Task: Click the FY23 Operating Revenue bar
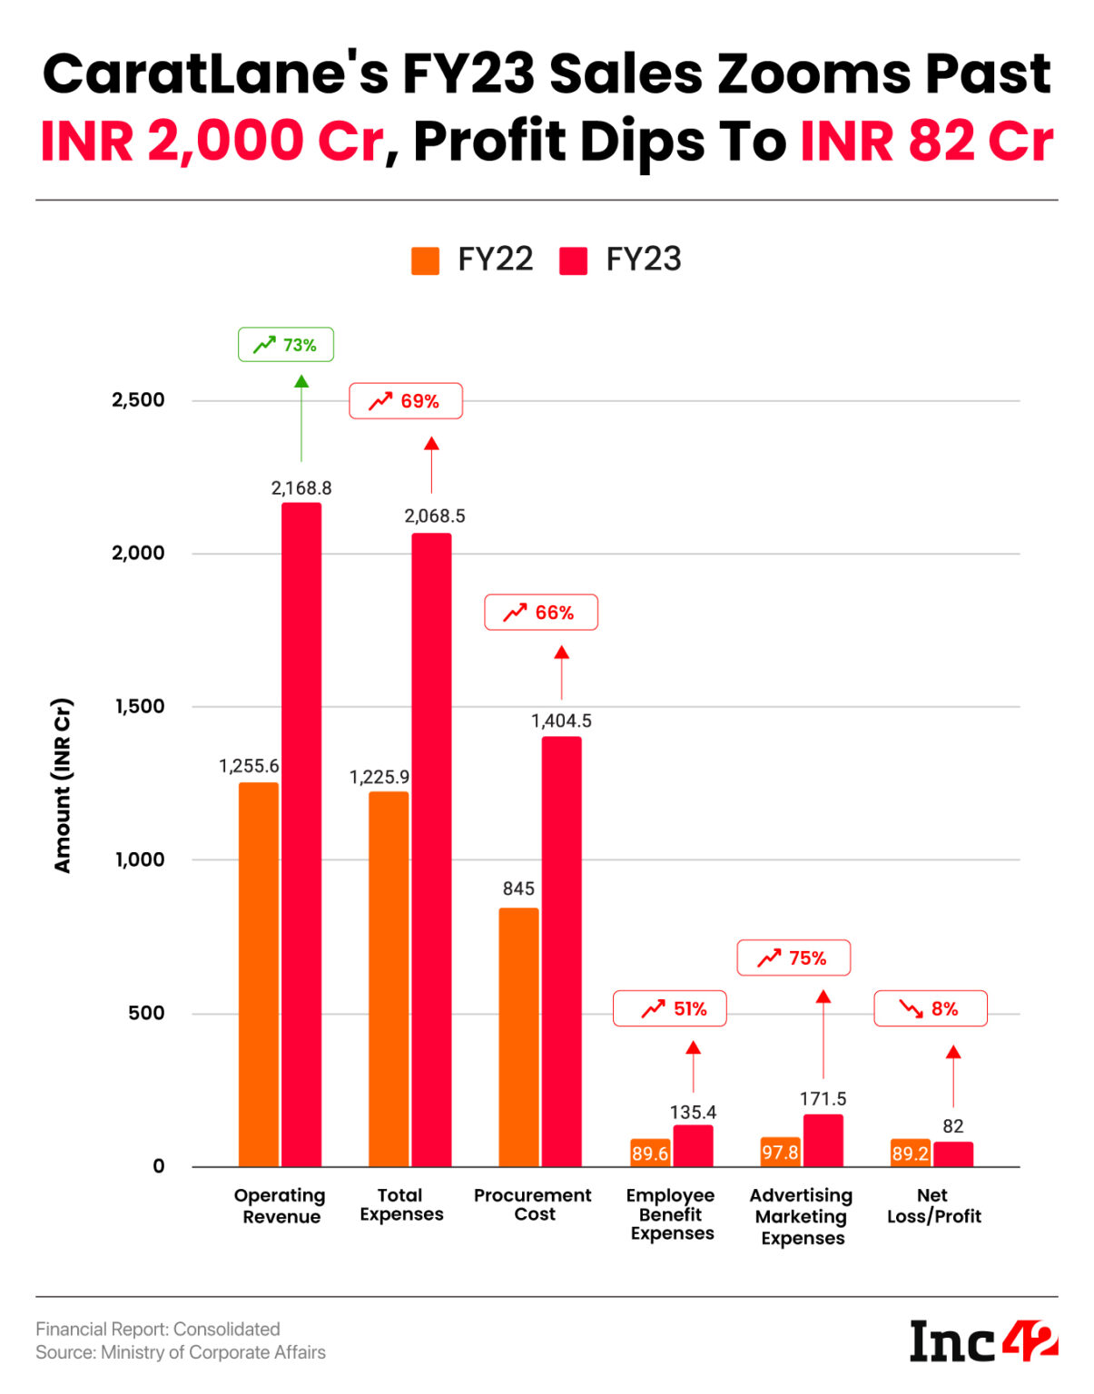[301, 835]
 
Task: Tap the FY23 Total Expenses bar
[431, 849]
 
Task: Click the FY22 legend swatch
[425, 260]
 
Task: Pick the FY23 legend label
[643, 260]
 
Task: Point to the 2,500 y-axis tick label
[138, 400]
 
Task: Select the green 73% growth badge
[286, 345]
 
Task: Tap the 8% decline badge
[931, 1008]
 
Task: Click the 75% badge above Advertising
[793, 957]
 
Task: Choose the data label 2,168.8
[301, 488]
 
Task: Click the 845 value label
[518, 888]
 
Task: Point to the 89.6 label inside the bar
[650, 1153]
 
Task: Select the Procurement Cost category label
[533, 1205]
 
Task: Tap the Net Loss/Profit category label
[933, 1206]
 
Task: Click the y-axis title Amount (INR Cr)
[62, 785]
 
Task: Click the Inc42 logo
[983, 1341]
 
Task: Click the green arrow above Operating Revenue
[301, 417]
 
